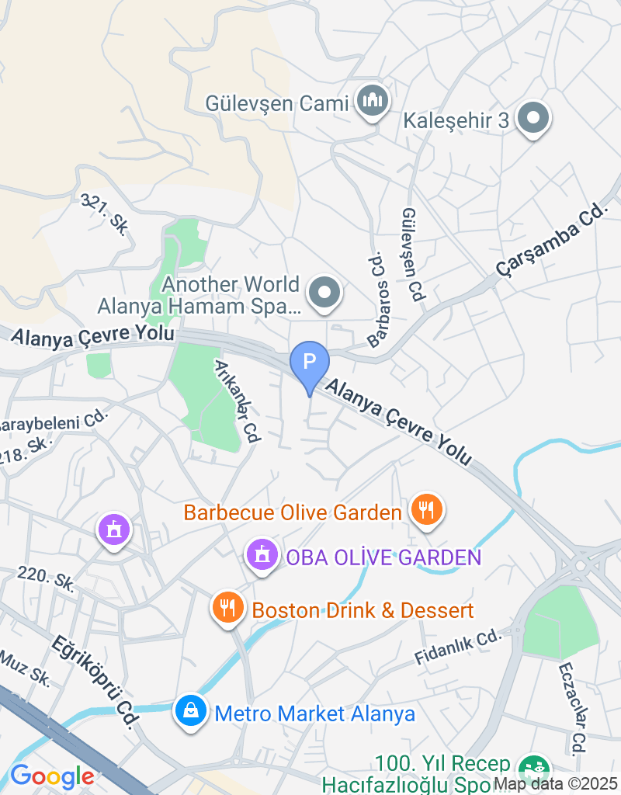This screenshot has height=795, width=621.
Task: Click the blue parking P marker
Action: coord(310,362)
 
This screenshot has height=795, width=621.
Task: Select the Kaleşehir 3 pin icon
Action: coord(533,119)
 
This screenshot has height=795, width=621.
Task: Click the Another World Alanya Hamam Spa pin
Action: coord(324,293)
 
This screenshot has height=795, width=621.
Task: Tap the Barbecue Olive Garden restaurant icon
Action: coord(426,510)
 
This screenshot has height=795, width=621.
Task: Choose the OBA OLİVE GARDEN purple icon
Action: coord(262,555)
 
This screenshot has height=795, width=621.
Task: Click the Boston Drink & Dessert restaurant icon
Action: coord(227,608)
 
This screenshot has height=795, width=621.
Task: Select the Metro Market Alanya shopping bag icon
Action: coord(190,710)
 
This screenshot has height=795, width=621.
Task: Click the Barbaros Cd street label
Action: coord(377,298)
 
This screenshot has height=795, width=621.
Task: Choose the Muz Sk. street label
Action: coord(25,668)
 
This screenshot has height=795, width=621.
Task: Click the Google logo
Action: coord(52,776)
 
